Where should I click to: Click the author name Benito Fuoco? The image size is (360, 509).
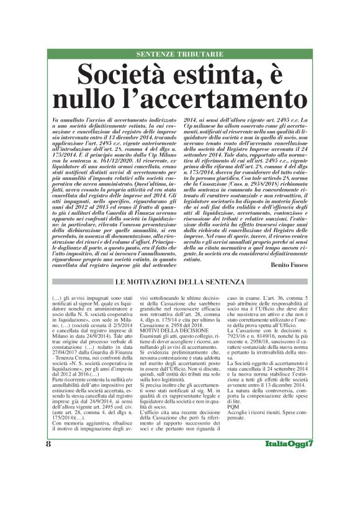[289, 264]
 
